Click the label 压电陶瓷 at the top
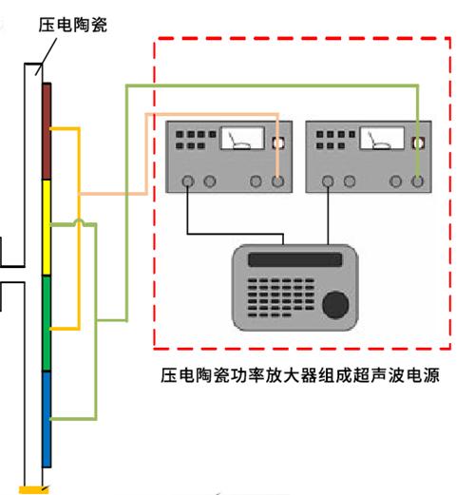73,25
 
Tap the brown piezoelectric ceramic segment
47,131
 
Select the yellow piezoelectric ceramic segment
47,228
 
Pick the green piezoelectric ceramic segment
47,323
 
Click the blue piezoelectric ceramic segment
47,419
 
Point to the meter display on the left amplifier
242,138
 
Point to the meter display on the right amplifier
382,138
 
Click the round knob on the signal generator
335,305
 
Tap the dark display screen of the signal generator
295,259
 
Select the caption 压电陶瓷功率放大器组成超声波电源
300,375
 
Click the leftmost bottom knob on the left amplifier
188,181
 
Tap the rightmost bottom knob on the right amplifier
417,181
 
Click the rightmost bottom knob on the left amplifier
277,181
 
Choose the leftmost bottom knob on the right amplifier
328,181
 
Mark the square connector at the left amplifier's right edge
277,143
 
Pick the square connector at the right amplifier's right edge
417,143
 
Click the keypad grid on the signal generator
280,297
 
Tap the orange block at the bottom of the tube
34,489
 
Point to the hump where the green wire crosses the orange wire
79,221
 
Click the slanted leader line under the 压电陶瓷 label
47,57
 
